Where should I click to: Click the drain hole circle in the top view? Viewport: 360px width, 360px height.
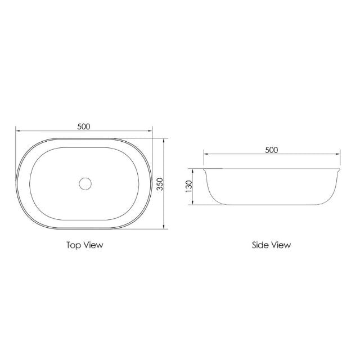[x=85, y=183]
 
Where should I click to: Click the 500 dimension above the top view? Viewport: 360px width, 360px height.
[x=84, y=126]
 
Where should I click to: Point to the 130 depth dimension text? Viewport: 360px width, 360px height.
[x=188, y=186]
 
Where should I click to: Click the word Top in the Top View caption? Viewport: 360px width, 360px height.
[x=74, y=245]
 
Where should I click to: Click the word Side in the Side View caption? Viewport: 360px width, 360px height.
[x=260, y=245]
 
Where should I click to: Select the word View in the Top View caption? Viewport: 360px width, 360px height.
[x=93, y=245]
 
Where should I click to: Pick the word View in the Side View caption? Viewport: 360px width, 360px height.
[x=281, y=245]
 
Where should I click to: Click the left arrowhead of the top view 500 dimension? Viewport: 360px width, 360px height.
[x=17, y=131]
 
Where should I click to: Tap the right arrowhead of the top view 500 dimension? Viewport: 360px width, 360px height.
[x=151, y=131]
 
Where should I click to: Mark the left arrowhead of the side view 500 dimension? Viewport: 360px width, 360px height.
[x=205, y=154]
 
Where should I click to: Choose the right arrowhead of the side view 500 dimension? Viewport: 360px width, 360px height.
[x=339, y=154]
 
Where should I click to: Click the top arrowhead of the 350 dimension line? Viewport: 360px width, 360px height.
[x=164, y=138]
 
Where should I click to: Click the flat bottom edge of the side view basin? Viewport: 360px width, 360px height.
[x=272, y=205]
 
